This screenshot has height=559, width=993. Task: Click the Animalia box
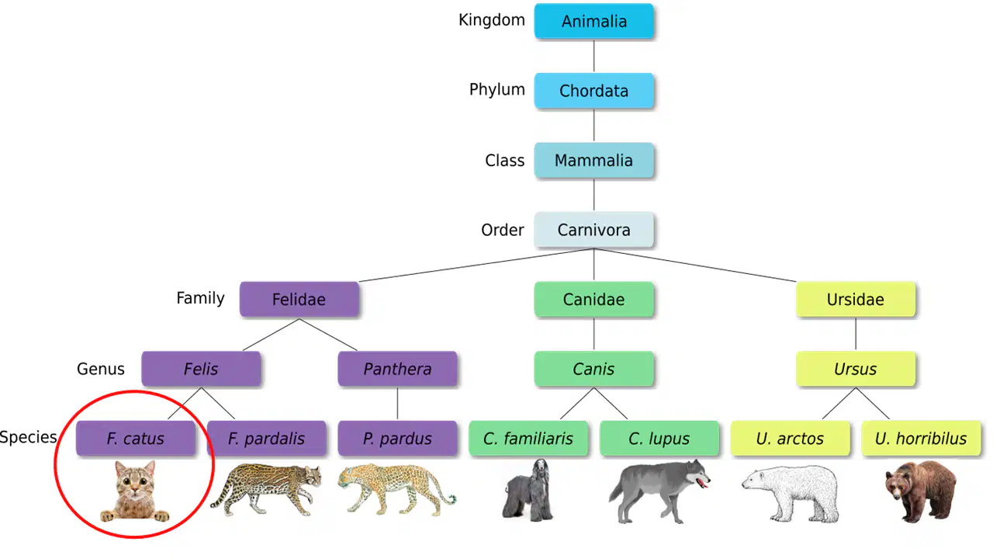pyautogui.click(x=593, y=21)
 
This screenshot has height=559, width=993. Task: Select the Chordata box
pyautogui.click(x=593, y=91)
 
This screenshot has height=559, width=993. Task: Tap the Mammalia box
pyautogui.click(x=593, y=160)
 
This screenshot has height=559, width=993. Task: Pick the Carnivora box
pyautogui.click(x=593, y=230)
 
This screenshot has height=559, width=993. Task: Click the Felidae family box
pyautogui.click(x=299, y=300)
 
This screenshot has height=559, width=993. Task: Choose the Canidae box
pyautogui.click(x=593, y=300)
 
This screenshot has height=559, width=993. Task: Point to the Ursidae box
pyautogui.click(x=856, y=300)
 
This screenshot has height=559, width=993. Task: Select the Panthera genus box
pyautogui.click(x=397, y=369)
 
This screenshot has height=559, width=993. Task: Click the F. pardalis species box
pyautogui.click(x=266, y=439)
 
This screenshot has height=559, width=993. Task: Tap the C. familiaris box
pyautogui.click(x=528, y=439)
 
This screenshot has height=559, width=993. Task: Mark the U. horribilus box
pyautogui.click(x=921, y=439)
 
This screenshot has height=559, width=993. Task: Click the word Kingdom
pyautogui.click(x=492, y=20)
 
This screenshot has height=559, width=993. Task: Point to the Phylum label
pyautogui.click(x=497, y=90)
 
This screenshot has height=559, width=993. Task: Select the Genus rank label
pyautogui.click(x=101, y=369)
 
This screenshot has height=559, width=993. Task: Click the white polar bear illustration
pyautogui.click(x=791, y=492)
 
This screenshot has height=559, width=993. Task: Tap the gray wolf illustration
pyautogui.click(x=659, y=491)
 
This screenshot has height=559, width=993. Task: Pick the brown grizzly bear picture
pyautogui.click(x=921, y=491)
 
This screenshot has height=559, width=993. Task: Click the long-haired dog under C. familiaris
pyautogui.click(x=528, y=490)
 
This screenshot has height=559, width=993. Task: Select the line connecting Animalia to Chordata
pyautogui.click(x=593, y=56)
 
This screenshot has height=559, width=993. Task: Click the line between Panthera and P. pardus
pyautogui.click(x=397, y=404)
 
